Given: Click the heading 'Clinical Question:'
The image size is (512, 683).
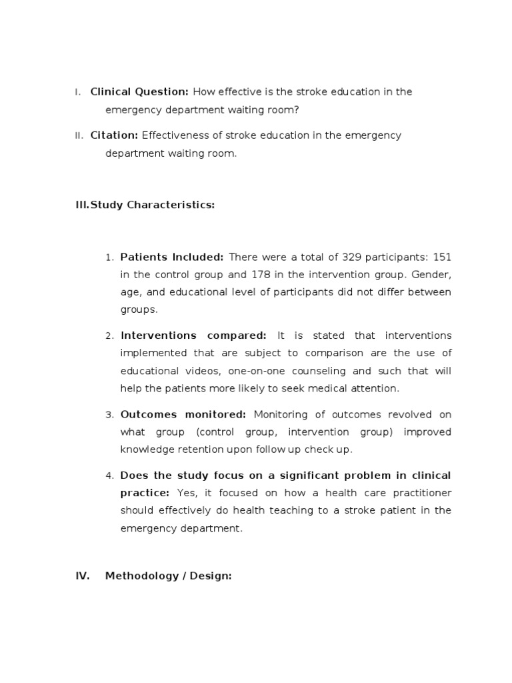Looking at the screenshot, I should pos(139,92).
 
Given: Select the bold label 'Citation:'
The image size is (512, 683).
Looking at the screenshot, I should pos(114,135).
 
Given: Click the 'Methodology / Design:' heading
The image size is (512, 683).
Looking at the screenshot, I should pos(168,576).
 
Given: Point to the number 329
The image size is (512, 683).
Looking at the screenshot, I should pos(351,257).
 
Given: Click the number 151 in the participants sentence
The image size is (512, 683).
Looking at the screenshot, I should pos(442,257).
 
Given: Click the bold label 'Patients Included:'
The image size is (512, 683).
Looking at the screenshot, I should pos(172,257).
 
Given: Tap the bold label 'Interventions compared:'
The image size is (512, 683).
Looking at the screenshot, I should pos(193,335).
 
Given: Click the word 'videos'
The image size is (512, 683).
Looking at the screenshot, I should pos(199,370).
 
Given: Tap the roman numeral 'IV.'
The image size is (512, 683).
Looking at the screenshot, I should pos(83,576).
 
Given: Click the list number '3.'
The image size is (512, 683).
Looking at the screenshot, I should pos(110,415).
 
